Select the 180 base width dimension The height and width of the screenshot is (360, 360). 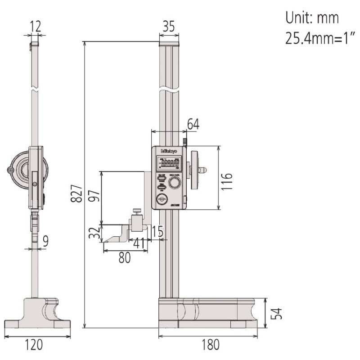(211, 345)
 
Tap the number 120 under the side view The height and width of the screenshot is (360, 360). (34, 345)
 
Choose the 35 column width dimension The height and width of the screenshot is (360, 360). (168, 27)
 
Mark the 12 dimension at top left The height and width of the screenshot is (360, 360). (35, 27)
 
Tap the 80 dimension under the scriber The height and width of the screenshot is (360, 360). (124, 258)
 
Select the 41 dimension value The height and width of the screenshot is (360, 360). (140, 244)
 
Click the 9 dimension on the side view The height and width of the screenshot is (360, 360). (45, 242)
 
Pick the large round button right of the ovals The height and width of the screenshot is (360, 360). (175, 182)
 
